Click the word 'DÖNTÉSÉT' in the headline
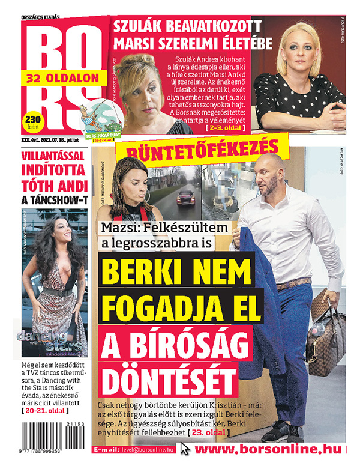[167, 376]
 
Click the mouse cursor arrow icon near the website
[186, 450]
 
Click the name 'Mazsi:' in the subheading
[125, 228]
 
